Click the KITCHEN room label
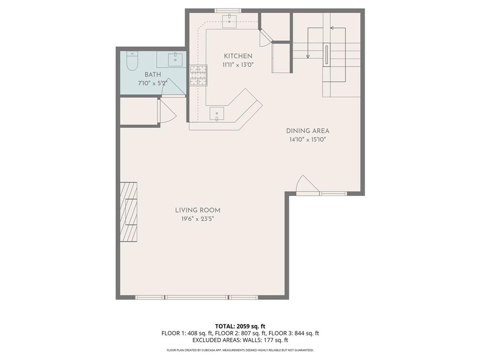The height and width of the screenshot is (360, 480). coord(237,56)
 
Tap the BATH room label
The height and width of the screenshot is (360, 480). coord(152,75)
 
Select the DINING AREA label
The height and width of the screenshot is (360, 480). coord(307,131)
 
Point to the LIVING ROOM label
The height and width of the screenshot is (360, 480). coord(197,210)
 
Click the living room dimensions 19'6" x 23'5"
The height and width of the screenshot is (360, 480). coord(197,219)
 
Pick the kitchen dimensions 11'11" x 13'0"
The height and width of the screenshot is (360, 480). coord(238,65)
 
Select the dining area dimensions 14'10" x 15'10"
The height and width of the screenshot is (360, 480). coord(307,140)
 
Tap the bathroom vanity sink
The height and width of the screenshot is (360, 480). coord(176,60)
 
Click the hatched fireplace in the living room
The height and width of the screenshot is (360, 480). coord(129,212)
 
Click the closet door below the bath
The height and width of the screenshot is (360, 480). coord(166,112)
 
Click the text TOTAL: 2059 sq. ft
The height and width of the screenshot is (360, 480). coord(240,326)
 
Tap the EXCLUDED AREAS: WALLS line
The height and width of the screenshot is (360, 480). coord(240,340)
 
